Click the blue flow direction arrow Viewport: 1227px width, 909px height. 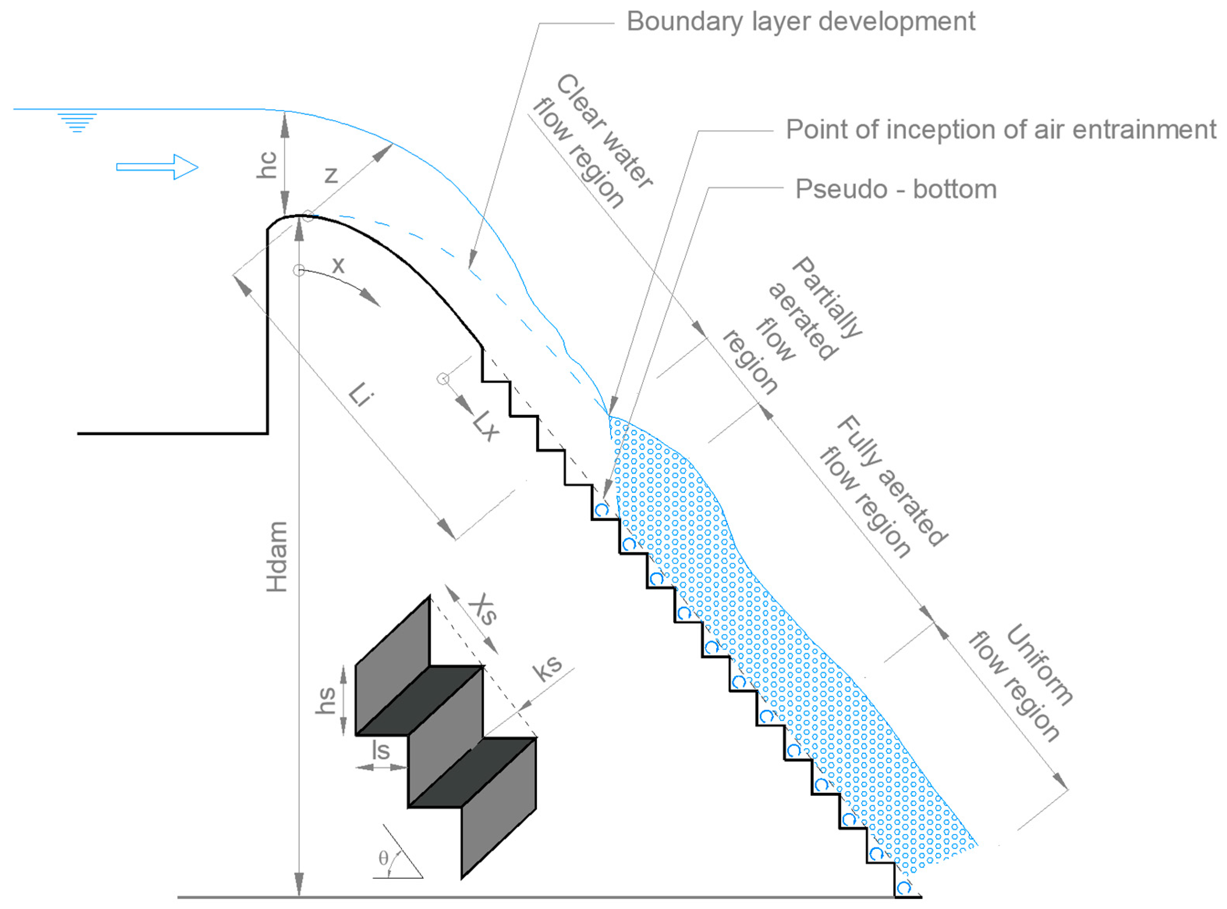click(x=157, y=167)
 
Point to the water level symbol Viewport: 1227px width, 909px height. click(x=78, y=122)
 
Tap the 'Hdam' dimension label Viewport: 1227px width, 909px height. click(x=277, y=556)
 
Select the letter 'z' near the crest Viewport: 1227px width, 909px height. click(x=331, y=175)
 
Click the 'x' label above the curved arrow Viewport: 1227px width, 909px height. click(x=338, y=265)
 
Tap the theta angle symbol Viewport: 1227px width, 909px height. click(x=383, y=858)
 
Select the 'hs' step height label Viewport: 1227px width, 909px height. click(x=326, y=700)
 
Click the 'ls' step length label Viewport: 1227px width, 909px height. click(x=381, y=750)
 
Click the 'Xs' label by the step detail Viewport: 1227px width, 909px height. click(x=483, y=609)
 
